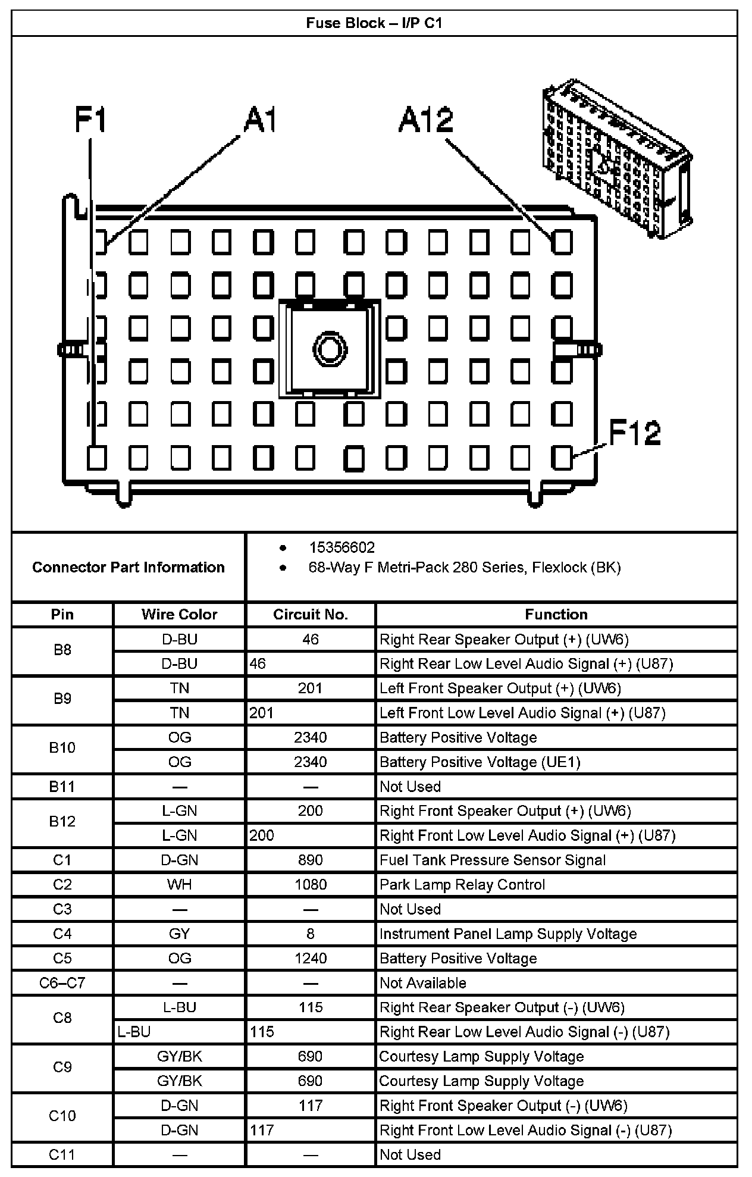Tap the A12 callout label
tap(426, 120)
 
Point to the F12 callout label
tap(634, 433)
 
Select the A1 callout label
tap(261, 120)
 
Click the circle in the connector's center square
tap(329, 348)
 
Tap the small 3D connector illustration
tap(616, 159)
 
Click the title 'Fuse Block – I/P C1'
tap(374, 23)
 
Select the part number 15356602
tap(341, 547)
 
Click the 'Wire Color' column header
tap(179, 614)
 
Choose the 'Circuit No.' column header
tap(310, 614)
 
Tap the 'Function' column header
tap(556, 614)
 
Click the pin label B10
tap(62, 748)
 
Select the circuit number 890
tap(310, 860)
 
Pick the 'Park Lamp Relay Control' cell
tap(462, 885)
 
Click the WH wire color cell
tap(179, 885)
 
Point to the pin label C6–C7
tap(62, 983)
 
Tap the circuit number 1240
tap(310, 959)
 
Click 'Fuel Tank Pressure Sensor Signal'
tap(493, 860)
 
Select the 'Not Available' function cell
tap(422, 983)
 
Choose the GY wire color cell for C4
tap(179, 934)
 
